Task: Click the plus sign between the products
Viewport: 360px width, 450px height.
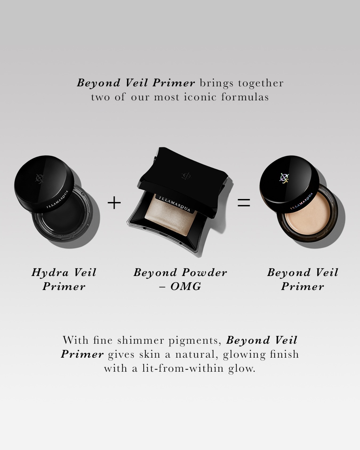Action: click(114, 203)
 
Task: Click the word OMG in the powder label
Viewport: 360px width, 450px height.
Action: click(186, 286)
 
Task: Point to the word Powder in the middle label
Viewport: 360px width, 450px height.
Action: click(205, 272)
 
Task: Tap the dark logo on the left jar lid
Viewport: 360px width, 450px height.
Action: click(39, 178)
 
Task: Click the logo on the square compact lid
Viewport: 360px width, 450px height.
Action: click(186, 176)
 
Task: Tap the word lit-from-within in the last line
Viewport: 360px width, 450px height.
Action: click(183, 368)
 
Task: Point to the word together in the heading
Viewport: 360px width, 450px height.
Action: click(261, 83)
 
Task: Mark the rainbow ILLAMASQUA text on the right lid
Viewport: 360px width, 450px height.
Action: click(301, 201)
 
